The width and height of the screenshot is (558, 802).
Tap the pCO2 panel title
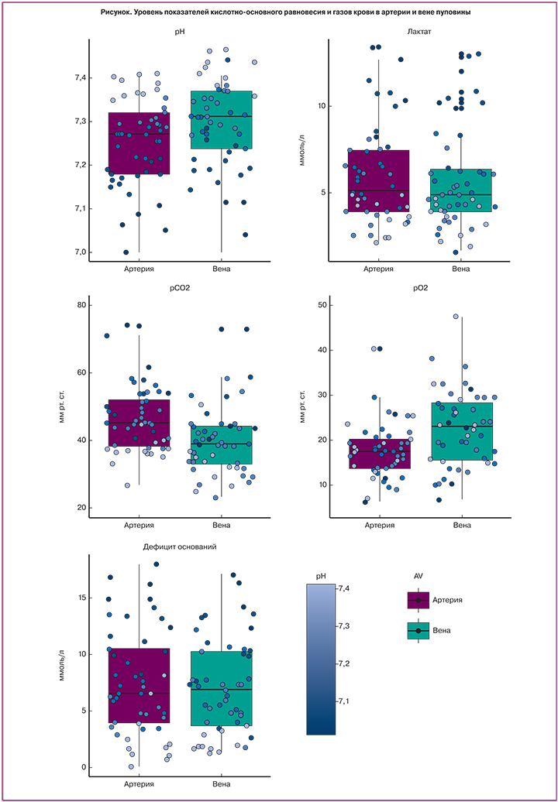click(180, 289)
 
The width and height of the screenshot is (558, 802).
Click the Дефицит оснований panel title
click(180, 547)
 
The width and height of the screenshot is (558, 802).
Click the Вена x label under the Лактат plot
click(461, 269)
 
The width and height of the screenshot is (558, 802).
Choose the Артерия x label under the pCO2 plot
click(139, 526)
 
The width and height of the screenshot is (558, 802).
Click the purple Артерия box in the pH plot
click(139, 143)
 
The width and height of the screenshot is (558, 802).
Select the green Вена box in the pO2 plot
click(462, 431)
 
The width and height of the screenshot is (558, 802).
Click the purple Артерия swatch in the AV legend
click(418, 600)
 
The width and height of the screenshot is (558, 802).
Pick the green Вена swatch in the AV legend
click(418, 631)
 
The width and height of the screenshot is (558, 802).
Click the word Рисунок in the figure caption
click(119, 13)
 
